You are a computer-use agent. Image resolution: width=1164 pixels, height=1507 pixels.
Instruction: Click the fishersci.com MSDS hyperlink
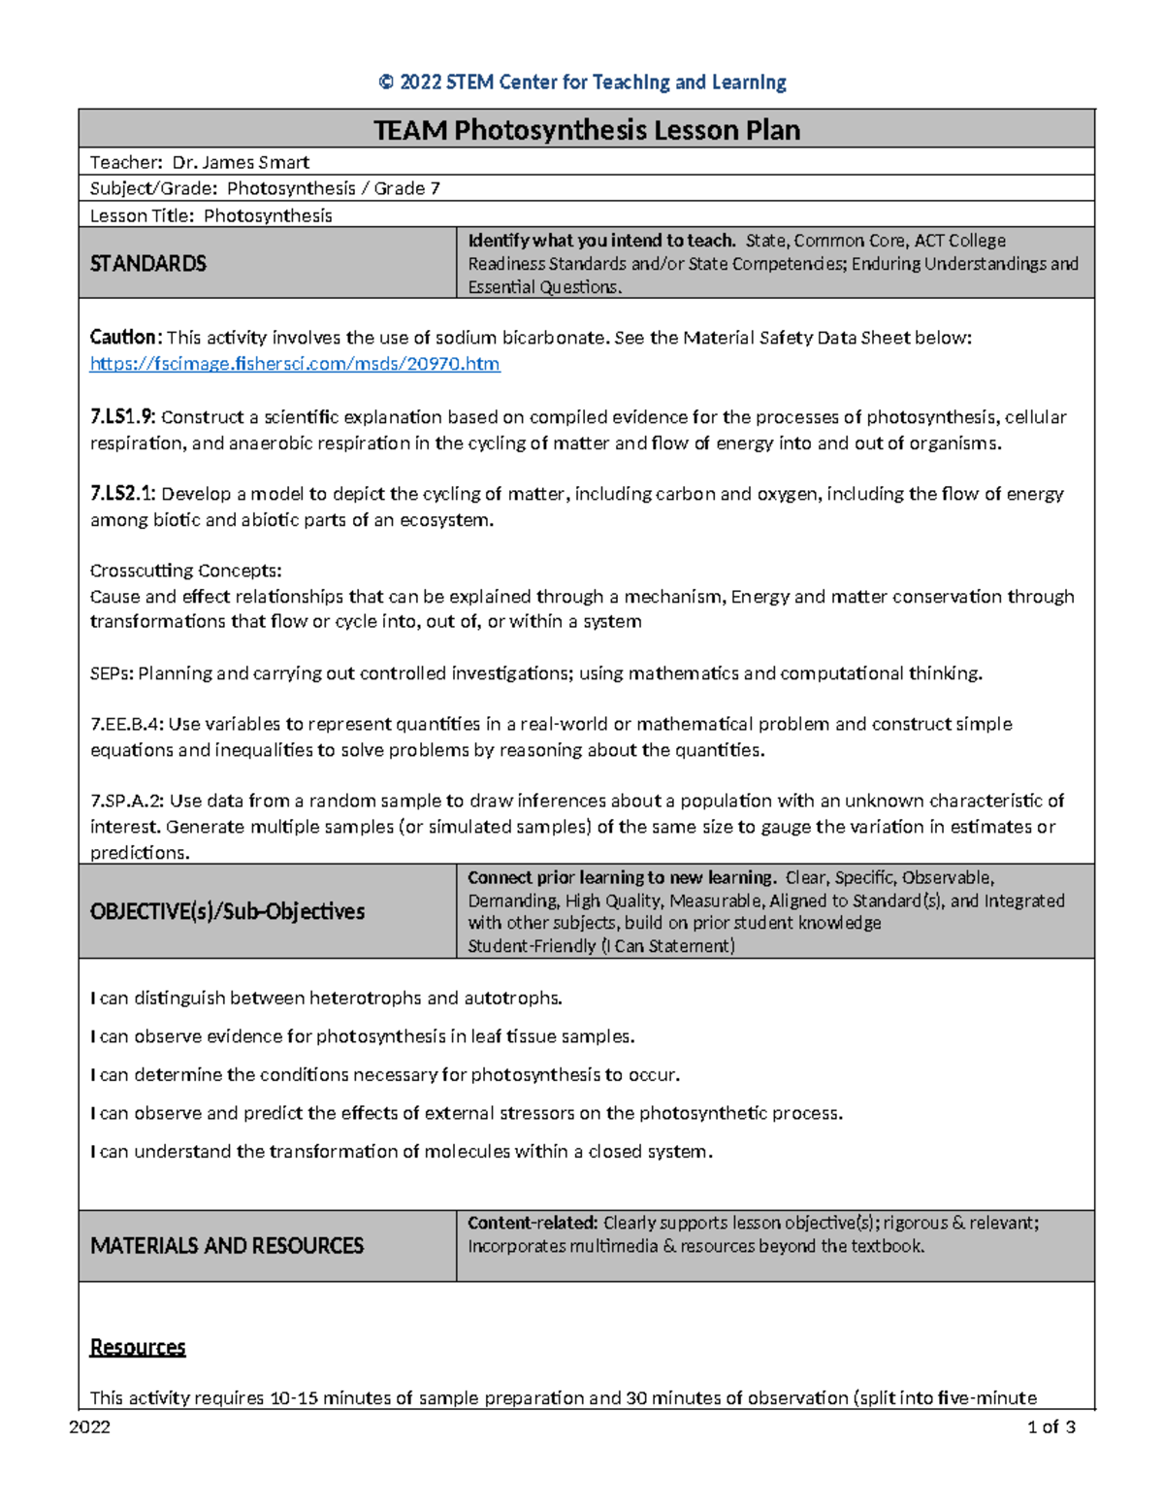click(x=295, y=364)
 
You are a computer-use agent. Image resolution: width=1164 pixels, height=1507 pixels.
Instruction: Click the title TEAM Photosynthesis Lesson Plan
click(x=587, y=130)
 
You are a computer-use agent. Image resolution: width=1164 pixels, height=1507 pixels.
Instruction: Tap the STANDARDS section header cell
click(x=148, y=264)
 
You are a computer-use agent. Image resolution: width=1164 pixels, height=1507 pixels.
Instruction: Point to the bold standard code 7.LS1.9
click(x=122, y=417)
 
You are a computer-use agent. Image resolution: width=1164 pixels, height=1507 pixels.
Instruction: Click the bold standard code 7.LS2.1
click(x=122, y=494)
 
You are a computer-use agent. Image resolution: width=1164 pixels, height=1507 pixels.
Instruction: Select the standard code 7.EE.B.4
click(x=127, y=724)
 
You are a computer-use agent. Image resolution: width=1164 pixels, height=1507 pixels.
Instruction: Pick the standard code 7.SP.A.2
click(x=127, y=801)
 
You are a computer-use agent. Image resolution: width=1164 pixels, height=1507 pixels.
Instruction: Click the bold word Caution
click(x=125, y=338)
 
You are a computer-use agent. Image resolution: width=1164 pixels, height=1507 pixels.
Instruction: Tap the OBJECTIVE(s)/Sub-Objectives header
click(x=227, y=911)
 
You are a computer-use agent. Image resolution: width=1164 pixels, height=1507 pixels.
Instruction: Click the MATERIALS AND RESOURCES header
click(x=227, y=1245)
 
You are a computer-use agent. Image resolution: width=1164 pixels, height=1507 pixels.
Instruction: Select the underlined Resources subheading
click(x=138, y=1347)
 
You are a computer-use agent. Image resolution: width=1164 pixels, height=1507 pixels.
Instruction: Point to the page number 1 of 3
click(x=1051, y=1427)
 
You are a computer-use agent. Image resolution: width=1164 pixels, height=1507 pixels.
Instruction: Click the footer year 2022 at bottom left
click(x=89, y=1427)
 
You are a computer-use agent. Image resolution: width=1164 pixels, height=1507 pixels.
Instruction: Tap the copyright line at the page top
click(x=582, y=82)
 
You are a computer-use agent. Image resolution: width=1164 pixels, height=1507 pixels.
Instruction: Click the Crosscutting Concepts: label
click(x=185, y=571)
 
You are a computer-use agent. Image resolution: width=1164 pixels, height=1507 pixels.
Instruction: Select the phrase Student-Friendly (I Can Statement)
click(x=601, y=946)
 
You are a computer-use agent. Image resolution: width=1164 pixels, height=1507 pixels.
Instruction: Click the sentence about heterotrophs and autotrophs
click(x=326, y=998)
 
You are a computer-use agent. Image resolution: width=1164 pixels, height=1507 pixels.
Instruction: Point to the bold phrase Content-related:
click(x=533, y=1223)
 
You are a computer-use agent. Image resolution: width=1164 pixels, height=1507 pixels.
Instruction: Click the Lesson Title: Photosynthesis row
click(x=211, y=215)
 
